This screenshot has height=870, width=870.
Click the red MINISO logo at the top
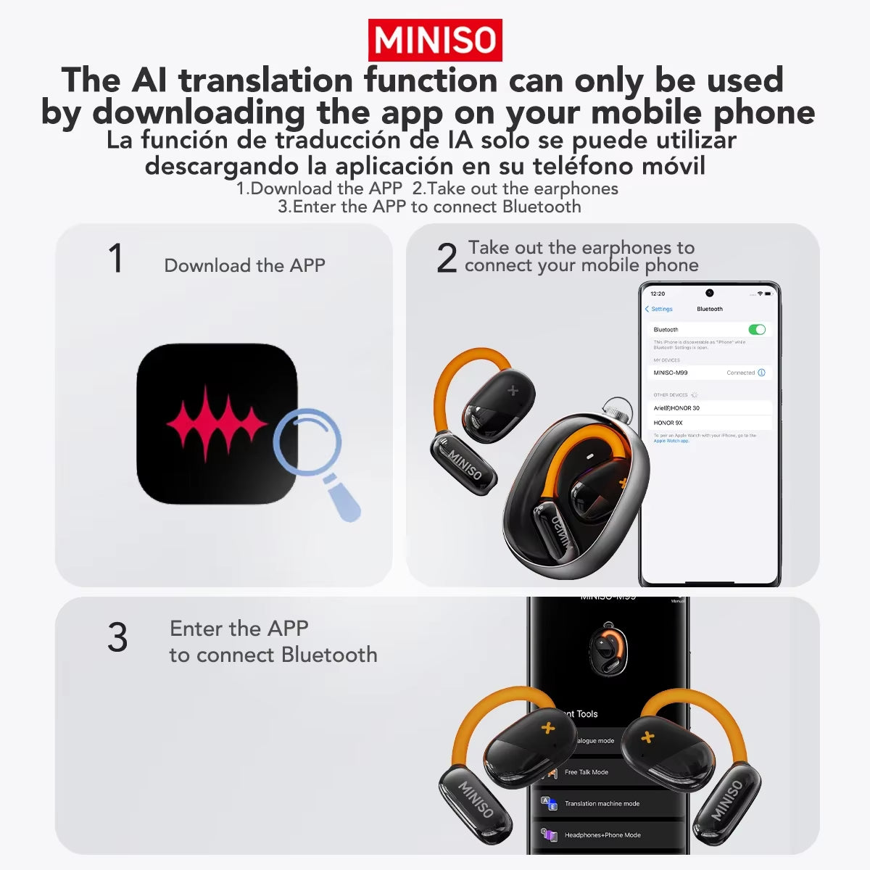[435, 40]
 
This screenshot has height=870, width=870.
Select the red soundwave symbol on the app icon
[217, 424]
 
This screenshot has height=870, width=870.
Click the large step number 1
[115, 259]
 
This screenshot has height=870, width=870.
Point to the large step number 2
[447, 259]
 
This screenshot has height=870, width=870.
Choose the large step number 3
[117, 638]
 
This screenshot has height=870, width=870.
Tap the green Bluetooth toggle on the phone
[756, 330]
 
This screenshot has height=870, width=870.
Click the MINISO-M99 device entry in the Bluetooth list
[671, 373]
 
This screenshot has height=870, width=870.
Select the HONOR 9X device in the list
[668, 423]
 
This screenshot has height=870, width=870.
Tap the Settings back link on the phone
[659, 309]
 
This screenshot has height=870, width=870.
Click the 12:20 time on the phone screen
[658, 294]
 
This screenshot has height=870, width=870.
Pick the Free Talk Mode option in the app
[586, 772]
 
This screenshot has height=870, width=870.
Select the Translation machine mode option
[602, 803]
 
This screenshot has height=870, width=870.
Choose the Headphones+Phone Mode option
[602, 835]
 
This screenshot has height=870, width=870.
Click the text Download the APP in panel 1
[244, 265]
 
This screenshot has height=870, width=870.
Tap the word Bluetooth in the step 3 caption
[329, 655]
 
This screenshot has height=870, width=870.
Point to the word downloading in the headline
[199, 112]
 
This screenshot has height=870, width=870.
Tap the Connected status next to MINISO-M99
[740, 373]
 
